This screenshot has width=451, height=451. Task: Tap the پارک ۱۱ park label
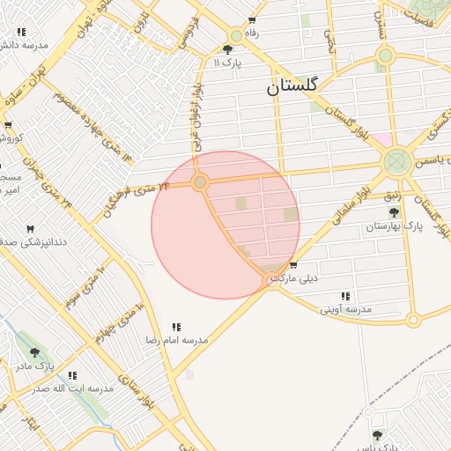pos(227,63)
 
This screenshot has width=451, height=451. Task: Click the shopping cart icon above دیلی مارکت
pos(293,265)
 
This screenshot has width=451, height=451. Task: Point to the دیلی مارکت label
pos(293,278)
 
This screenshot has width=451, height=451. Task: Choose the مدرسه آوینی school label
pos(345,309)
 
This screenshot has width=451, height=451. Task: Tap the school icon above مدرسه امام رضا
pos(176,326)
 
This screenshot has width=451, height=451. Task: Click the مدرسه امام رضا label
pos(176,339)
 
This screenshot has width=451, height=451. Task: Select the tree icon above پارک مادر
pos(35,352)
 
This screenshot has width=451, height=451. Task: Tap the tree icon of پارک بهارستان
pos(394,212)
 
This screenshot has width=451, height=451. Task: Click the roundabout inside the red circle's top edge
pos(201,182)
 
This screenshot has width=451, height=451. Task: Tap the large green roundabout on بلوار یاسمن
pos(396,161)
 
